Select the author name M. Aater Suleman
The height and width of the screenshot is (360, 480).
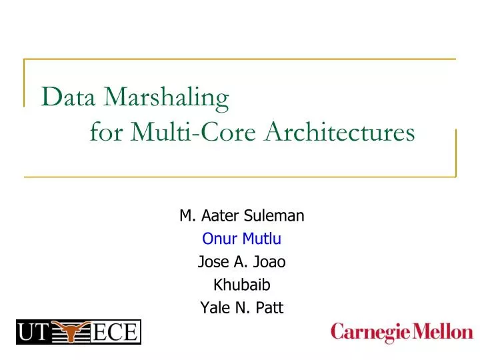[242, 216]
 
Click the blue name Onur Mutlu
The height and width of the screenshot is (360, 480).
[242, 239]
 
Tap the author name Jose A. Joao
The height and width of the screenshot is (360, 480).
[242, 262]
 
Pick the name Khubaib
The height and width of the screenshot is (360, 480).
[242, 285]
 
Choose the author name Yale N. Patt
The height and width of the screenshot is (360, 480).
[242, 307]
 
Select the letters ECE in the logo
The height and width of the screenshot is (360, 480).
[117, 331]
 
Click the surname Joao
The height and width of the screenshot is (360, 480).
[271, 262]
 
